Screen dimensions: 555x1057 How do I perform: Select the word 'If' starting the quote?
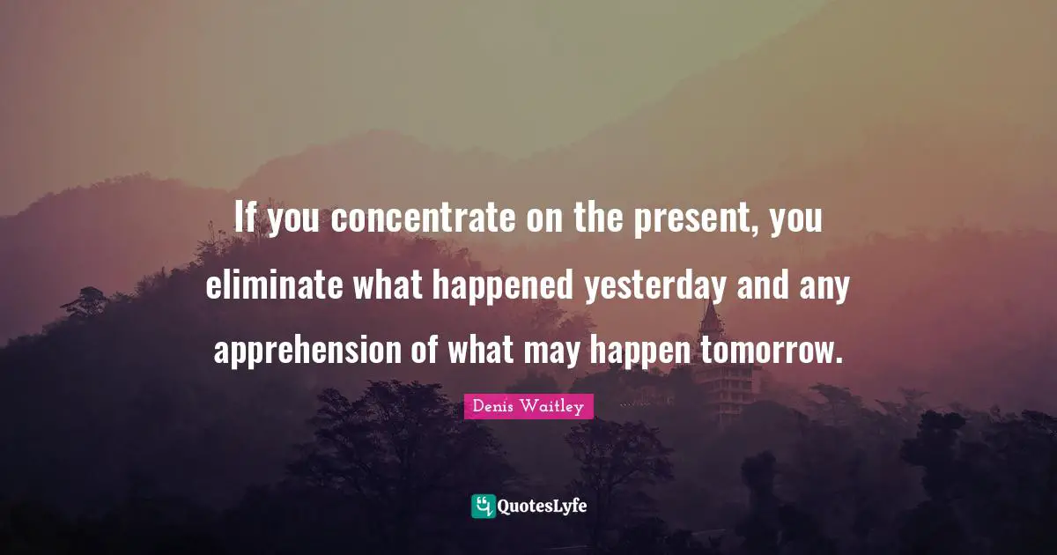pos(246,218)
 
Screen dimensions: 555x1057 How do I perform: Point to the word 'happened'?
pos(502,287)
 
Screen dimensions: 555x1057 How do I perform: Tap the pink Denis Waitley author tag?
pos(528,406)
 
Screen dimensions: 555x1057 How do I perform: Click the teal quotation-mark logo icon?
pos(483,506)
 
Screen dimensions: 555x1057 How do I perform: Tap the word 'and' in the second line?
pos(759,285)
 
